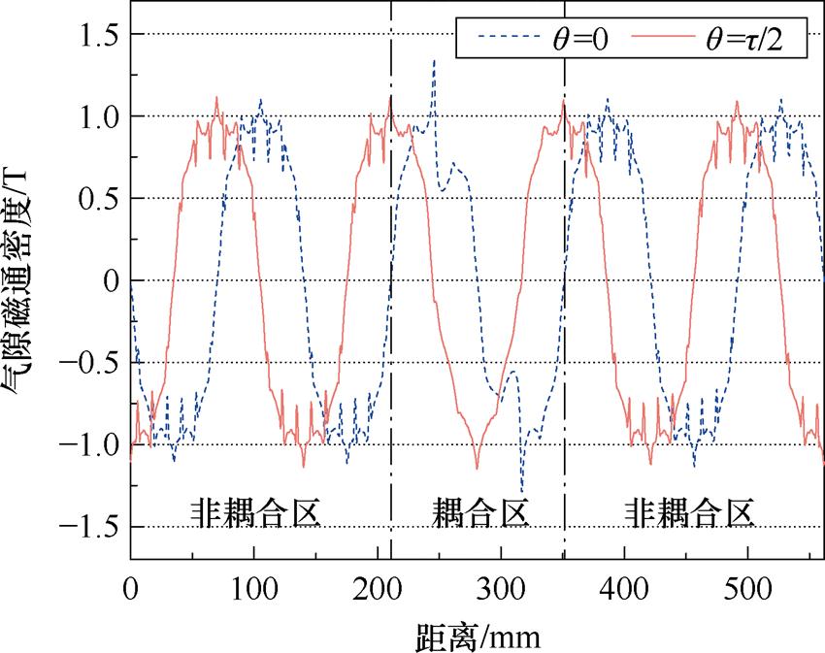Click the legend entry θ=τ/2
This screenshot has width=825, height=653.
pos(744,42)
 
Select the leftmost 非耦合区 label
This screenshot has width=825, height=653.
pos(254,512)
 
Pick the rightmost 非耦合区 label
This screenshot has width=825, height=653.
pos(688,512)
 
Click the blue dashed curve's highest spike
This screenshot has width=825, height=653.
pos(434,60)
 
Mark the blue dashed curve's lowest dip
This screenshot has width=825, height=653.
pos(522,494)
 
